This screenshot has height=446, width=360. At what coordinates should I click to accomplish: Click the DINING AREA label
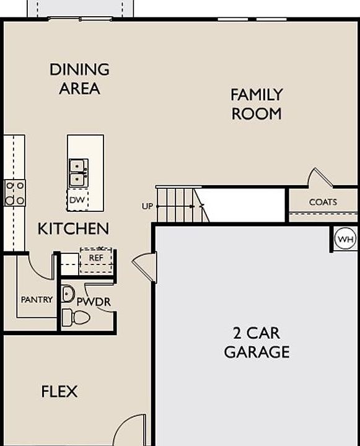coord(79,79)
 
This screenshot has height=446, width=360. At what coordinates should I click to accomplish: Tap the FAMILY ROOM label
coord(257,104)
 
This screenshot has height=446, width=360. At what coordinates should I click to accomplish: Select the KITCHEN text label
coord(73,229)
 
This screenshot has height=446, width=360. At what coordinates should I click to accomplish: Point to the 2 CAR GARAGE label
coord(257,343)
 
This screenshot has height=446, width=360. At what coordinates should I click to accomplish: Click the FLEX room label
coord(59,391)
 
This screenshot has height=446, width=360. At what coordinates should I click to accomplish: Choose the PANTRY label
coord(37,300)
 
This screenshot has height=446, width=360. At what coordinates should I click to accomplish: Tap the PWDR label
coord(94,301)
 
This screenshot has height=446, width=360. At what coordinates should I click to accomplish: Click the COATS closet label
coord(323,202)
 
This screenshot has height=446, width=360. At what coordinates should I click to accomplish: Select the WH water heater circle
coord(345,238)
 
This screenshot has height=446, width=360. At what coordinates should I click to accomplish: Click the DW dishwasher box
coord(77,200)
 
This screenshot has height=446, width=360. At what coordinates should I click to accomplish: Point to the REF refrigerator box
coord(96,258)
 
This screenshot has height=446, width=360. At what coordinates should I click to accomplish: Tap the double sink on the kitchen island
coord(78,173)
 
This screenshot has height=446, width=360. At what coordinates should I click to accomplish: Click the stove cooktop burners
coord(15,193)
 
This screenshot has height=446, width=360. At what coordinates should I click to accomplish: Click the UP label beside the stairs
coord(147,206)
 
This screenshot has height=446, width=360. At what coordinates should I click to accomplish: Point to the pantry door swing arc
coord(41,268)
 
